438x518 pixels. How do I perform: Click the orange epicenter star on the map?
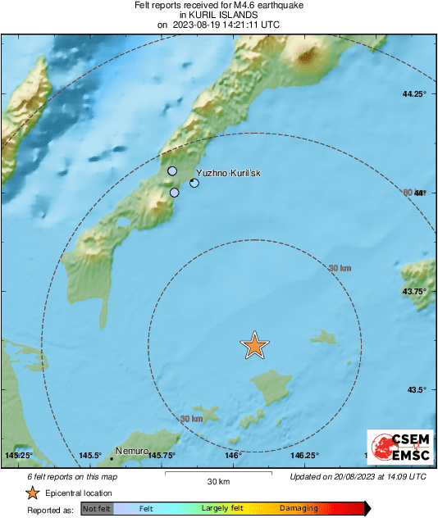click(x=255, y=346)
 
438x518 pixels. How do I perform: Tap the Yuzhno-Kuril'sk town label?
click(x=229, y=174)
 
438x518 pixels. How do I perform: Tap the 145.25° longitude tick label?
click(x=18, y=456)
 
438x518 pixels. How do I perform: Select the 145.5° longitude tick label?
click(x=90, y=456)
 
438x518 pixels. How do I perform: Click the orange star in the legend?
click(x=32, y=493)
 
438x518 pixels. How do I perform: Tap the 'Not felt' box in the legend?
click(x=96, y=508)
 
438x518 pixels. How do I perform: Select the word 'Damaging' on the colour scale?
click(x=299, y=508)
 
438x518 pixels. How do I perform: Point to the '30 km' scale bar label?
click(x=218, y=481)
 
